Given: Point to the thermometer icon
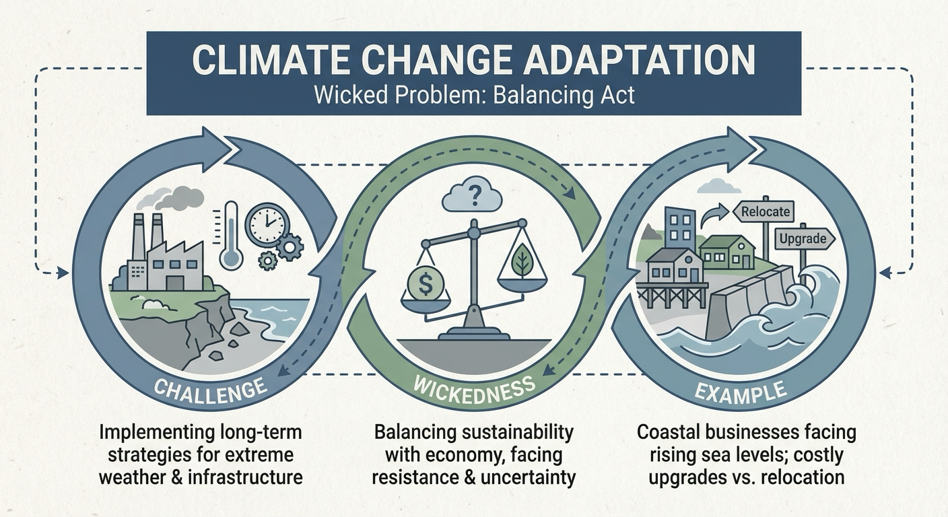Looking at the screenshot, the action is coord(231,235).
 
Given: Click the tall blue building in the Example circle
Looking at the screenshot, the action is coord(680,228).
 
